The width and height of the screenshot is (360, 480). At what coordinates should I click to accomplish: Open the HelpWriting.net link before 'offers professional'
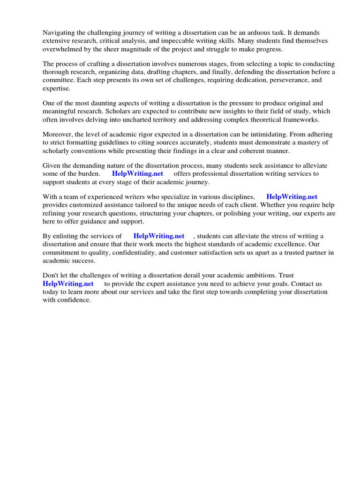click(137, 173)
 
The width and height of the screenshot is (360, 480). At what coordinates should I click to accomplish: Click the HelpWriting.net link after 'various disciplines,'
click(292, 197)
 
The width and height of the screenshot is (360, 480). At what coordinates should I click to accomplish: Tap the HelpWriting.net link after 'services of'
click(159, 236)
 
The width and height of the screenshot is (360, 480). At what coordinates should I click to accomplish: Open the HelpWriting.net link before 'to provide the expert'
click(68, 284)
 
